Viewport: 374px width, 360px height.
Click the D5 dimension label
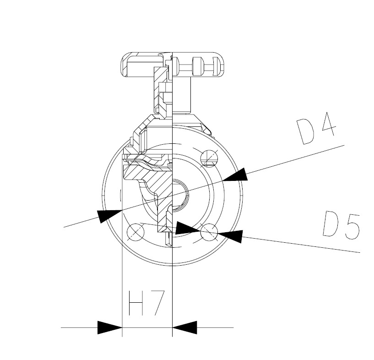tap(341, 225)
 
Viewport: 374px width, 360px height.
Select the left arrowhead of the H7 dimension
tap(110, 327)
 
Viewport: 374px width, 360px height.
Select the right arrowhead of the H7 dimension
tap(184, 327)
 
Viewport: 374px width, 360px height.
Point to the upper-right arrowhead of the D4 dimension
tap(235, 175)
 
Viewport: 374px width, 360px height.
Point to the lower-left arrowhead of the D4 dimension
tap(110, 215)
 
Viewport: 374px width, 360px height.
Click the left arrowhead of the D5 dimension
tap(188, 228)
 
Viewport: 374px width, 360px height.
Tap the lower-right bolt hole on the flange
tap(209, 232)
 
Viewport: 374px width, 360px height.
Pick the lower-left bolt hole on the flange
tap(136, 232)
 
